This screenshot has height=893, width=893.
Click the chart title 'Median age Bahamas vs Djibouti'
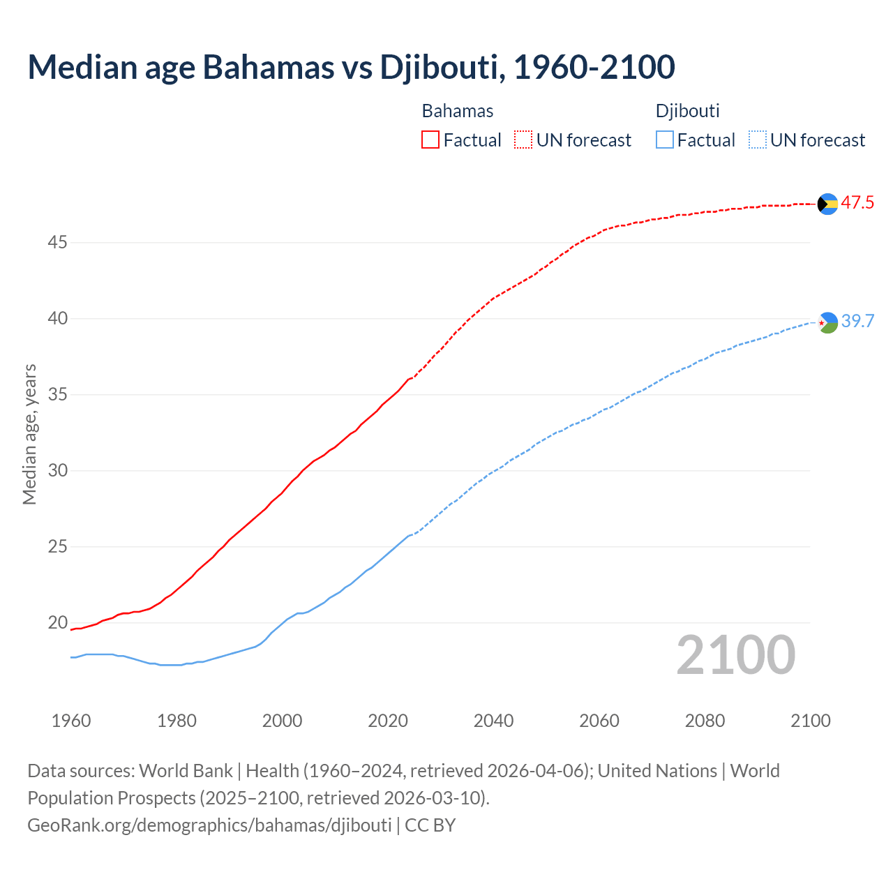[351, 67]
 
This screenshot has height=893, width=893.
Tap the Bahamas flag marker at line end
[827, 204]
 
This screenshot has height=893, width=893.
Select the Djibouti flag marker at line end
[827, 322]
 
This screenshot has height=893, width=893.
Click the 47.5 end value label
[857, 203]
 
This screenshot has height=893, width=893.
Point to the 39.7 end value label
[857, 321]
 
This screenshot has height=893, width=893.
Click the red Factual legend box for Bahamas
[430, 140]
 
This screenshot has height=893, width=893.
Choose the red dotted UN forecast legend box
[523, 140]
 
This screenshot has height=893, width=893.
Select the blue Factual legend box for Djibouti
[665, 140]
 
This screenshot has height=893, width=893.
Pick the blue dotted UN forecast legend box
[758, 140]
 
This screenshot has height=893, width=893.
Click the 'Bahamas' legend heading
[458, 111]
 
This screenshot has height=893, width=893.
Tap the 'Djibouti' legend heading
[688, 111]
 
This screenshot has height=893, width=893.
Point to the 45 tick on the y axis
[57, 243]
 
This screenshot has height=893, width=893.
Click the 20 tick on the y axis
[57, 622]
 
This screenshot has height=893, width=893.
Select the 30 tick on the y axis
[57, 470]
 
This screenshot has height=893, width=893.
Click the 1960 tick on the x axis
[71, 721]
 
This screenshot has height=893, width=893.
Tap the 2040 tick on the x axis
[493, 721]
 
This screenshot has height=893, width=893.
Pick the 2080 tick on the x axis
[705, 721]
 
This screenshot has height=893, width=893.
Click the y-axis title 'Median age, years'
[29, 434]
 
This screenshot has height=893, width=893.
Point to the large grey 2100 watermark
[736, 655]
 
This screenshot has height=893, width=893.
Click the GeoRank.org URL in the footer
[209, 825]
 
